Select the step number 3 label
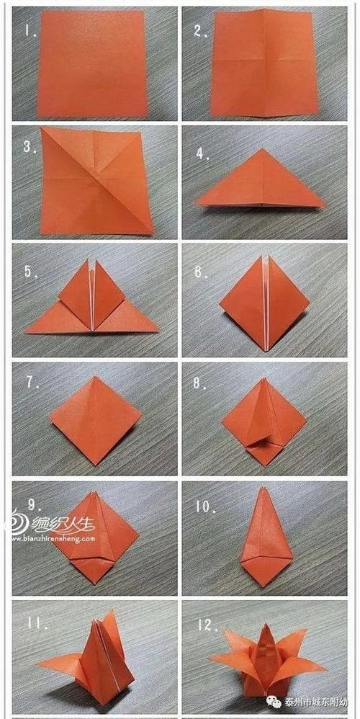[x=29, y=147]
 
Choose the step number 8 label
[x=199, y=384]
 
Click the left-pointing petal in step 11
[x=54, y=665]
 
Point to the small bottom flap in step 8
[x=263, y=452]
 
